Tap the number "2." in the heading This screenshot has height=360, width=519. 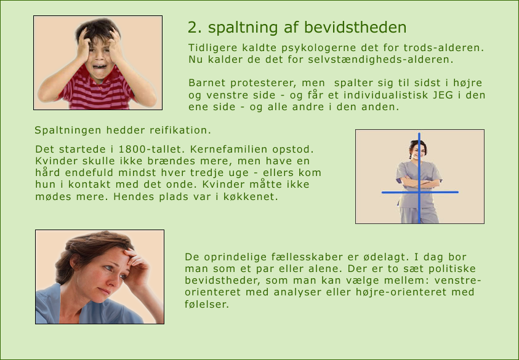[195, 28]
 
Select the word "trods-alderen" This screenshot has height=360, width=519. [443, 47]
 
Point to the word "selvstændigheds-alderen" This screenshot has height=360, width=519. [380, 60]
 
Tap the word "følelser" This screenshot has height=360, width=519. [207, 305]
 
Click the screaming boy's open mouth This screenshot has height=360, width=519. [99, 66]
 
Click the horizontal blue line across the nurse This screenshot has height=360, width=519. [420, 192]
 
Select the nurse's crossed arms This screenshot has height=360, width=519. [419, 182]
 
